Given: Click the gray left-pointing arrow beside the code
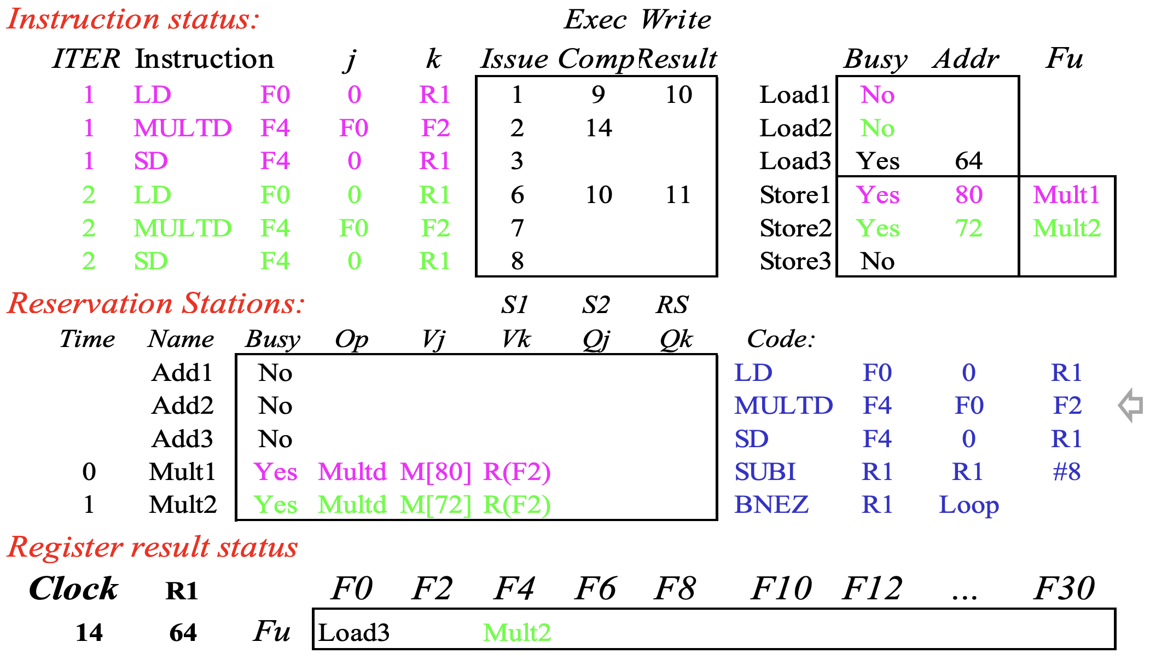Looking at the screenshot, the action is [1131, 406].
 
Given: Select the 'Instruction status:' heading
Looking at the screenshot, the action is [133, 20].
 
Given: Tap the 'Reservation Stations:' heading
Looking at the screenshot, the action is [156, 303].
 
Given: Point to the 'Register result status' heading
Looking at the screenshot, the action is [153, 547].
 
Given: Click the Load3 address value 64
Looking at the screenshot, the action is [968, 161].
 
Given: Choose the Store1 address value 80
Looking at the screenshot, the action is [968, 195].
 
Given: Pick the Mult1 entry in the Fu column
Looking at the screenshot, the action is [1066, 195].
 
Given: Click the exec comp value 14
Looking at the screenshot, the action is [599, 128].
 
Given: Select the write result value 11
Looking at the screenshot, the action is [678, 195].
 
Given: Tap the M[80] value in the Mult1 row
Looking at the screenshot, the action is [435, 472].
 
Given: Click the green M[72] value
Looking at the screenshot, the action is [435, 505].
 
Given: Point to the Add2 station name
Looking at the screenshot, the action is [183, 406].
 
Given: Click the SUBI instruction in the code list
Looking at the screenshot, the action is [765, 472].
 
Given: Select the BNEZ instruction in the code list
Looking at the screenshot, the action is [771, 505].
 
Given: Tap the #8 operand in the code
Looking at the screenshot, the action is [1067, 472].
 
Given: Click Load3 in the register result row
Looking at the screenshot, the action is [354, 633].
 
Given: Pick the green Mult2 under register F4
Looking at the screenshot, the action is [517, 633].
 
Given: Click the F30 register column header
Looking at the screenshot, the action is [1064, 589].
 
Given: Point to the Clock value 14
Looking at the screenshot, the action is [89, 633].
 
